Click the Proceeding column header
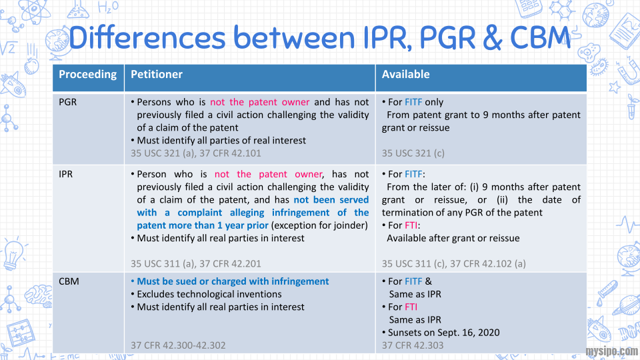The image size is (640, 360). (87, 75)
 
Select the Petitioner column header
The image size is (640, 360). (156, 75)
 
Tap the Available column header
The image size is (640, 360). (405, 75)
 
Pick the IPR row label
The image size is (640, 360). (66, 175)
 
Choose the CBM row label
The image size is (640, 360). (69, 281)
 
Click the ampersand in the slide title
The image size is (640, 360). (492, 39)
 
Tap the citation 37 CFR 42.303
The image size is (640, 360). (412, 345)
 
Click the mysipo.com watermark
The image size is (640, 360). (611, 351)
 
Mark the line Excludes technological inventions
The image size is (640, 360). (209, 294)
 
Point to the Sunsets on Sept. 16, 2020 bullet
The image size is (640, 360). (443, 332)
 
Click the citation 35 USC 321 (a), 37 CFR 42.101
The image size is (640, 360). (196, 153)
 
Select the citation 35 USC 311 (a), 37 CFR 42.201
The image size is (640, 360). (196, 263)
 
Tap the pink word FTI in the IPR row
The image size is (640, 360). (411, 225)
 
